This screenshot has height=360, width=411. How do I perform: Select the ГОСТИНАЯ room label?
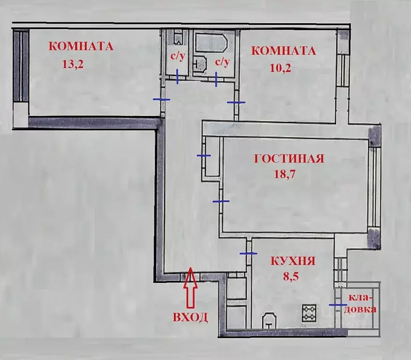[x=289, y=158]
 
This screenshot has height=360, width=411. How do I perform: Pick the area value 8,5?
[x=291, y=277]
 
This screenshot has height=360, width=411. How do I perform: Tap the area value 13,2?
[x=73, y=64]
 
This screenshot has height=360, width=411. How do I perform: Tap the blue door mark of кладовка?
[x=338, y=305]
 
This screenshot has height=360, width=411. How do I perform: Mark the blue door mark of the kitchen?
[x=248, y=253]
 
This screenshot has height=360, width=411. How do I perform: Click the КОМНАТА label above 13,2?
[x=82, y=46]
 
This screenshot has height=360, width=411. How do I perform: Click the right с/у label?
[x=222, y=61]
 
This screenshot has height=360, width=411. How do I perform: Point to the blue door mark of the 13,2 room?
[x=162, y=99]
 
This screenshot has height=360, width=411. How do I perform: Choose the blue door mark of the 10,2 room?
[x=236, y=102]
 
